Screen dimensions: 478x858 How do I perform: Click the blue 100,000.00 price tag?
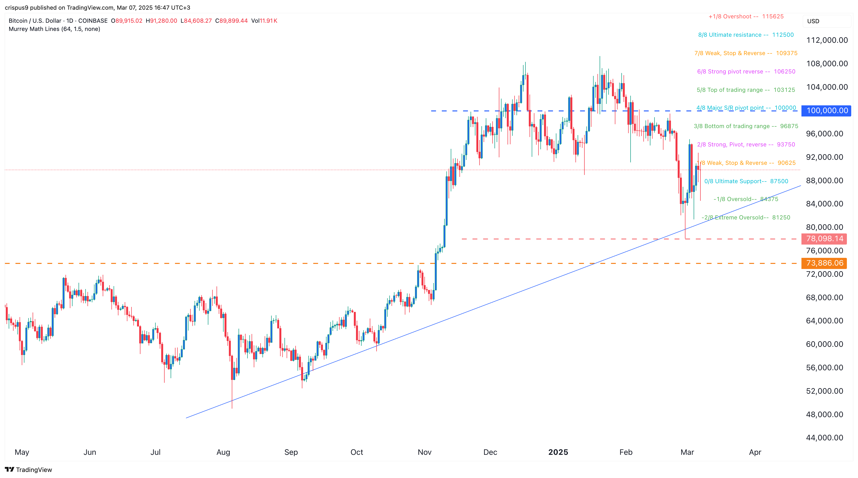[x=826, y=111]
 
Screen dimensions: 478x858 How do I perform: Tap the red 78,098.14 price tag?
[x=824, y=239]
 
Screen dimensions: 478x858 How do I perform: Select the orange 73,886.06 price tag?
[x=824, y=263]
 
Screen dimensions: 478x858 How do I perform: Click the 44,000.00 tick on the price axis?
[x=824, y=438]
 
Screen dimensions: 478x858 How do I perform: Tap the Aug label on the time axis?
[x=223, y=452]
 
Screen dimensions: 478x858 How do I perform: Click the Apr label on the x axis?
[x=755, y=452]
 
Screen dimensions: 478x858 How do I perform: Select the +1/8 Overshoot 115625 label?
[x=746, y=17]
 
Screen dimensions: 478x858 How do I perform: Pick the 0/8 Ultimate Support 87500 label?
[x=746, y=181]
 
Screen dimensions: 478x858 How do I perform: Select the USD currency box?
[x=813, y=21]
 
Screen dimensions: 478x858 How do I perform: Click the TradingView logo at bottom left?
[x=29, y=470]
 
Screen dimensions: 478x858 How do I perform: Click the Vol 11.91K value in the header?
[x=264, y=21]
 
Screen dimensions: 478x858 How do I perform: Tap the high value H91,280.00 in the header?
[x=161, y=21]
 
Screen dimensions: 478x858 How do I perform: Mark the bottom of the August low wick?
[x=232, y=408]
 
